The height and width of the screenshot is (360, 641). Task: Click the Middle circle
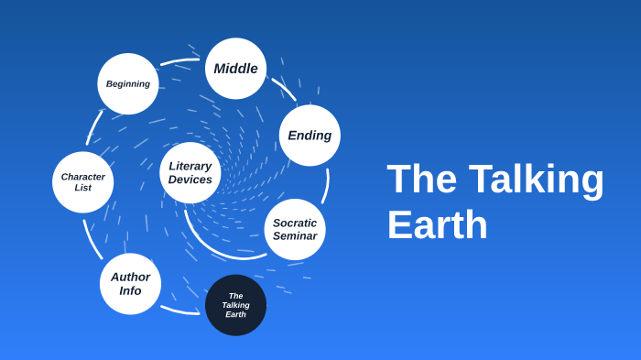(235, 69)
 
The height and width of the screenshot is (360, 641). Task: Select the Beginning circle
(128, 84)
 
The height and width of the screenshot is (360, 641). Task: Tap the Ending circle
(310, 136)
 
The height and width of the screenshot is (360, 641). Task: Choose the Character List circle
(83, 182)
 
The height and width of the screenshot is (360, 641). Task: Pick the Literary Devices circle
(190, 172)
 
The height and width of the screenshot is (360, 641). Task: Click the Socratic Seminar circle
(295, 229)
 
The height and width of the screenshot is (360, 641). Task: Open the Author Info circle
(130, 284)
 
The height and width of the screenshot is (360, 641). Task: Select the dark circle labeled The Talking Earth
(235, 305)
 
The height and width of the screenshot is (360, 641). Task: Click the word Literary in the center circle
(190, 166)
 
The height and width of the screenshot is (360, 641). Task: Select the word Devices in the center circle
(190, 180)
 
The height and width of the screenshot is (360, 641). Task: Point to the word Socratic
(295, 223)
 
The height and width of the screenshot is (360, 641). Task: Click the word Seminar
(295, 236)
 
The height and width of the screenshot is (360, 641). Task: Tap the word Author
(130, 277)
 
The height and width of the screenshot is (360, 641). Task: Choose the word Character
(83, 177)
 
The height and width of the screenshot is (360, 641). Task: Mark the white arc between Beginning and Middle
(179, 61)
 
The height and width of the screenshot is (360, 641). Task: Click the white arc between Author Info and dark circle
(179, 311)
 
